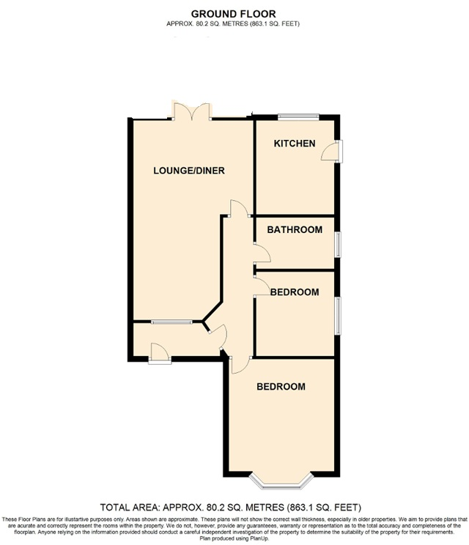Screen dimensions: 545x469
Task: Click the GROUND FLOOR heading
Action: (234, 13)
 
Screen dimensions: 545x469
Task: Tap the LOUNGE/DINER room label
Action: (188, 171)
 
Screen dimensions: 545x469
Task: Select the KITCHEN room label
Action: (295, 144)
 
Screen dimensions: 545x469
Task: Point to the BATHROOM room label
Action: (295, 230)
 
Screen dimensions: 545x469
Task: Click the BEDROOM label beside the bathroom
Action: (295, 292)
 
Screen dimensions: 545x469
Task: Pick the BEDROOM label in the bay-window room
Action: (281, 387)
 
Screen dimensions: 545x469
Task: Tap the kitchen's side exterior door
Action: (334, 149)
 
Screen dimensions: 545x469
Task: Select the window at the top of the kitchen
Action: (298, 116)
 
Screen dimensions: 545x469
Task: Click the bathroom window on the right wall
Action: (338, 245)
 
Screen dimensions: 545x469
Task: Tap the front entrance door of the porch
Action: (158, 355)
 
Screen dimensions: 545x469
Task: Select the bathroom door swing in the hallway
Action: (261, 255)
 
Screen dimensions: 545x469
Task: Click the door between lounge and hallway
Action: (237, 209)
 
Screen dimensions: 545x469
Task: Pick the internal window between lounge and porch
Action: (172, 321)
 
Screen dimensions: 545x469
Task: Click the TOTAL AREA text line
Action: (234, 507)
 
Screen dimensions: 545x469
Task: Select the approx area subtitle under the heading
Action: (234, 23)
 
